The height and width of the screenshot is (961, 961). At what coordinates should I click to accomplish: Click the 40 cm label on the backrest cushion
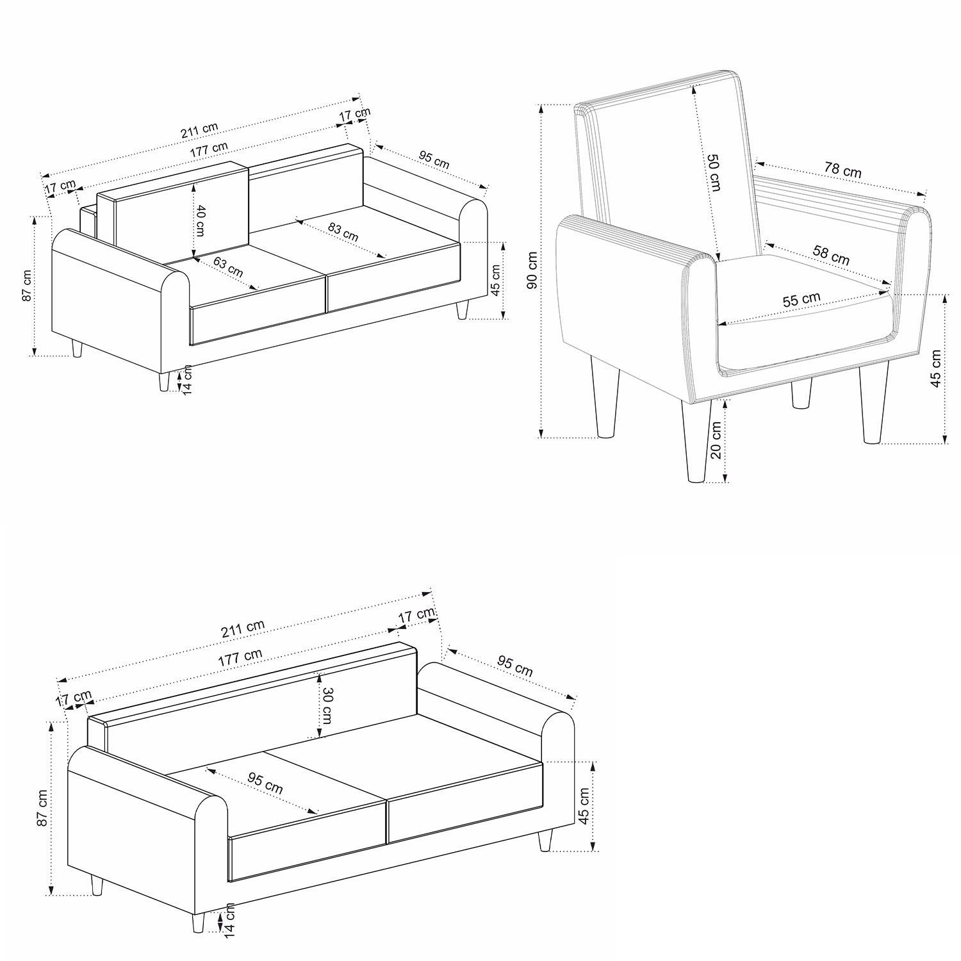[x=201, y=220]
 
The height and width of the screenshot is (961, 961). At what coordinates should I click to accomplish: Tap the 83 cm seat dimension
[x=343, y=231]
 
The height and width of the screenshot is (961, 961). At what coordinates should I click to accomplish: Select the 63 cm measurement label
[x=228, y=267]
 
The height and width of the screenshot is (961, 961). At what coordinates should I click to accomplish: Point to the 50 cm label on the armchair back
[x=714, y=172]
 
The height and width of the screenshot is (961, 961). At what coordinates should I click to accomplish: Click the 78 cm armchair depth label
[x=842, y=171]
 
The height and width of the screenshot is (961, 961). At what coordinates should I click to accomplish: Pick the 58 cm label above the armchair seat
[x=831, y=255]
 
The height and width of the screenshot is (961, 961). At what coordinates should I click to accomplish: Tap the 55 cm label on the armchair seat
[x=801, y=299]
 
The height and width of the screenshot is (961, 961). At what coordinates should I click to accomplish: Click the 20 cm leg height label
[x=716, y=439]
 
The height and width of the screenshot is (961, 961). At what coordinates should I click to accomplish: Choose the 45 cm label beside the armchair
[x=937, y=368]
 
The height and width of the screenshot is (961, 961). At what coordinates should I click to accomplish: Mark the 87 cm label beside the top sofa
[x=27, y=286]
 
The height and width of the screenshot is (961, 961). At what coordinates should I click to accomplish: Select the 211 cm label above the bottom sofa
[x=243, y=628]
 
